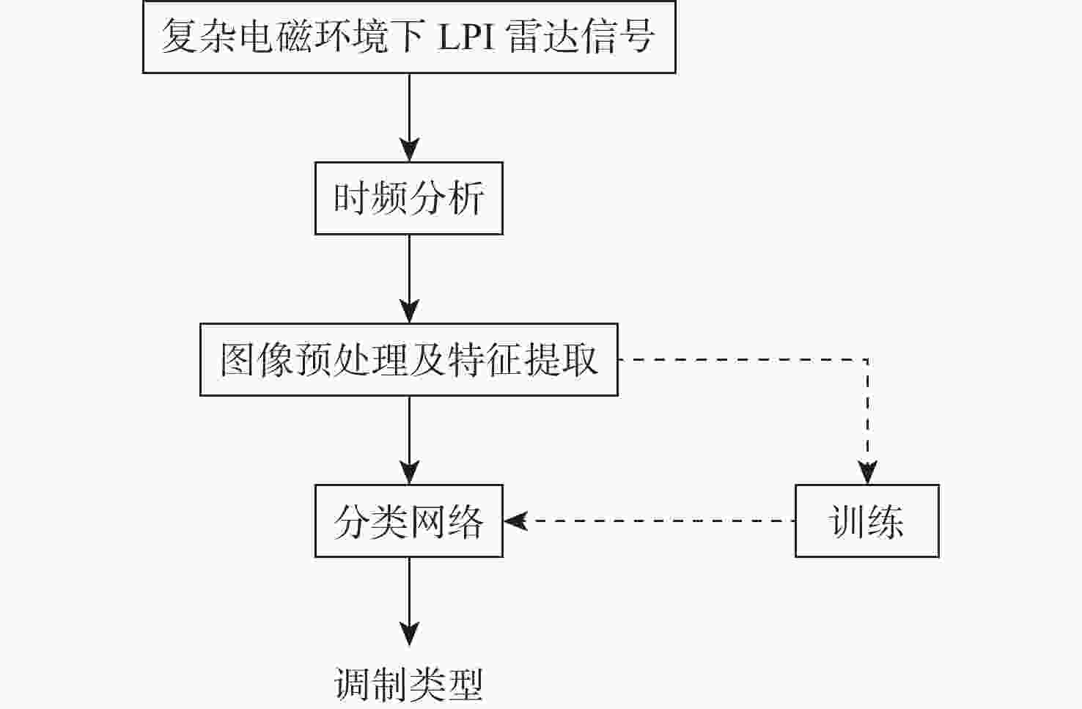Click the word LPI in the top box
point(466,37)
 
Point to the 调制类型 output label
point(408,684)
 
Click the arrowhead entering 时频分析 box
point(410,150)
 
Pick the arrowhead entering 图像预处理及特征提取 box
point(410,311)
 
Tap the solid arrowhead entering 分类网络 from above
point(410,472)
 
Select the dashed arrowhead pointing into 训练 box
point(867,472)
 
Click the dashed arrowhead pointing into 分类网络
point(515,521)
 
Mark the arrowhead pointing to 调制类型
point(410,634)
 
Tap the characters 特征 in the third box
point(485,360)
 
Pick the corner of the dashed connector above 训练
point(868,360)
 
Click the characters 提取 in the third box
point(561,360)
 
